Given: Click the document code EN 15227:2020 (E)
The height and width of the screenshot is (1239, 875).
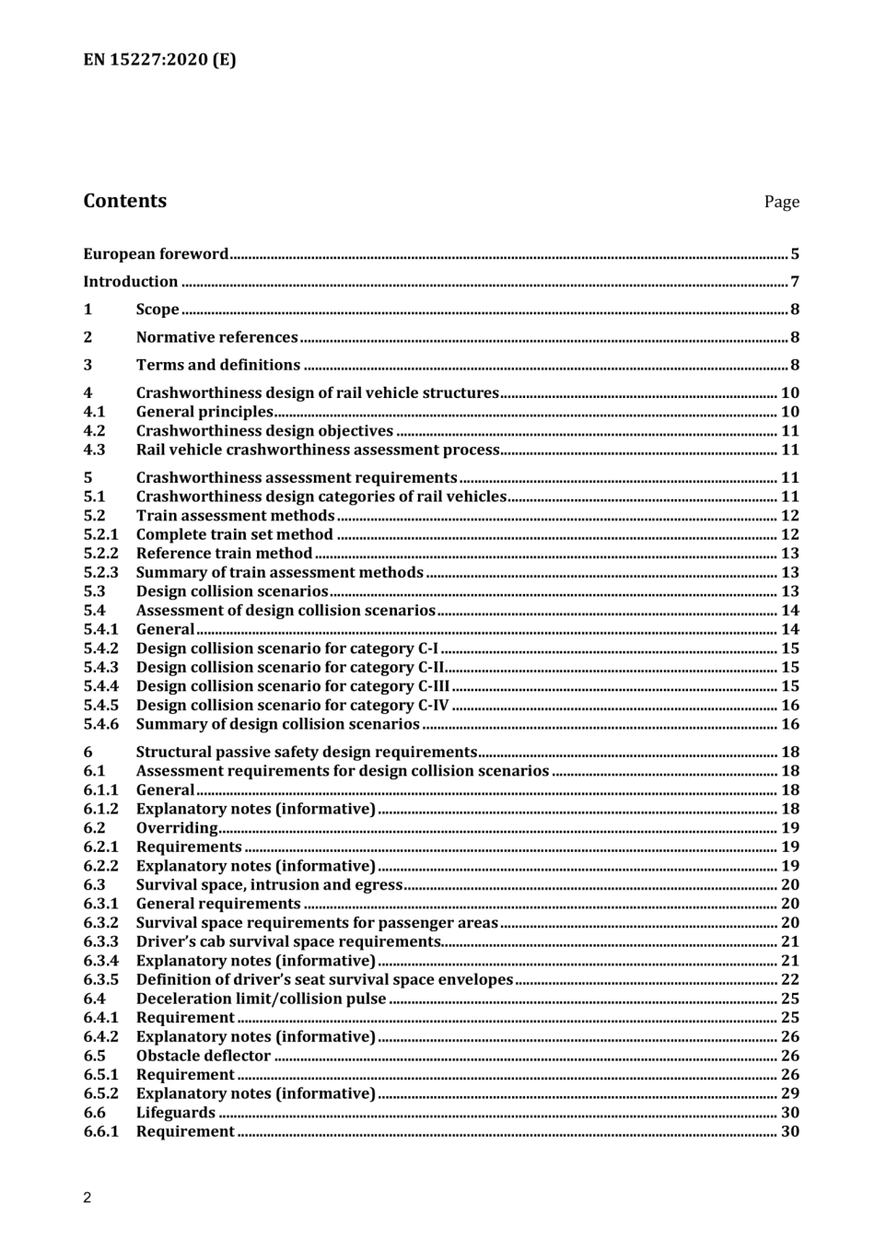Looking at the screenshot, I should [159, 60].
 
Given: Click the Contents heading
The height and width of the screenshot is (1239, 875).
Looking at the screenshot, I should [125, 201].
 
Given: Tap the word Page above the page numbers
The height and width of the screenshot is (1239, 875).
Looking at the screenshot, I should [781, 202].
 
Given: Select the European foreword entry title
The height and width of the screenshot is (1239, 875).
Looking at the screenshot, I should [156, 254].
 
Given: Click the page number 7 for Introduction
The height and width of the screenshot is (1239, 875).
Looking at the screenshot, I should [794, 282].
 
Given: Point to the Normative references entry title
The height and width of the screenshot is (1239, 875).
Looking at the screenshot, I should [216, 337].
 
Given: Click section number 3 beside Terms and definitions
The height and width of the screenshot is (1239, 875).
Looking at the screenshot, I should [87, 365].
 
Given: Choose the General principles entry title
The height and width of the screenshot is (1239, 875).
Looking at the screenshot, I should [204, 412].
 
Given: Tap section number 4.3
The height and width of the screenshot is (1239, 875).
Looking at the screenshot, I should [94, 450].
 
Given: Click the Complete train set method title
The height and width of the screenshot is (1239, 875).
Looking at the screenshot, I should [234, 534].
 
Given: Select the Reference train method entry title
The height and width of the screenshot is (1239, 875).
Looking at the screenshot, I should [224, 553].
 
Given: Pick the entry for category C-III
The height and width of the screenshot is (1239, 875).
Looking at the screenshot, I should [293, 686].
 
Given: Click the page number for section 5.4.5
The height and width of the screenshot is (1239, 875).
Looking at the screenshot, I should [789, 705].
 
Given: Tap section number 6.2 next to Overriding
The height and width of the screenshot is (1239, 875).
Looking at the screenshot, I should [94, 827].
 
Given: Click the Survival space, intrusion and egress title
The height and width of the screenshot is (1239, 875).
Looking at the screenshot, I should [269, 884].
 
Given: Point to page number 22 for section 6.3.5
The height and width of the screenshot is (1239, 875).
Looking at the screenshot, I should [789, 979].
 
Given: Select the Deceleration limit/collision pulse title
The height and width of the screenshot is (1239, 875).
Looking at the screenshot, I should [261, 999].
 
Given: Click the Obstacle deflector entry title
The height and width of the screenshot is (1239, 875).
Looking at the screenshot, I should [203, 1056].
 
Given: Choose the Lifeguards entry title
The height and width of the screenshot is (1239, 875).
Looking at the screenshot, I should [175, 1113].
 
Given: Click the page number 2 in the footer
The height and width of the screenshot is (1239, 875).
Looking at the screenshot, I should [87, 1198].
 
